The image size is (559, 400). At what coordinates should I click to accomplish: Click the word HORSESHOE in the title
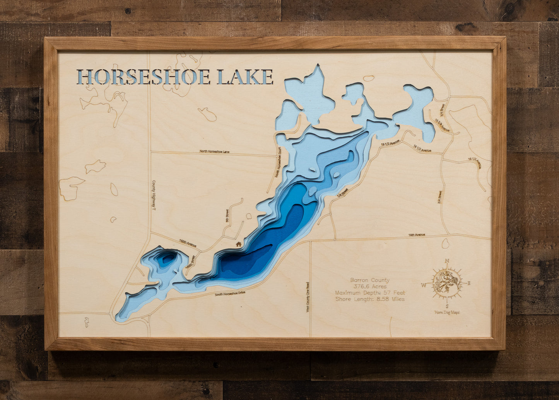click(144, 77)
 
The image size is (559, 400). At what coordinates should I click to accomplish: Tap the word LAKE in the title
click(245, 77)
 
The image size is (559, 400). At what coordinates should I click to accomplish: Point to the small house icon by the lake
click(239, 244)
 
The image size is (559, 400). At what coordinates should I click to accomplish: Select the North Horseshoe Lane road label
click(214, 151)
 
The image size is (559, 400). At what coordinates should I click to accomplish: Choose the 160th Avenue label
click(188, 243)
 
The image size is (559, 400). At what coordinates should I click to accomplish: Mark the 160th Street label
click(189, 261)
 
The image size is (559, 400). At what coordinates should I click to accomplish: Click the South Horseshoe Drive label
click(230, 294)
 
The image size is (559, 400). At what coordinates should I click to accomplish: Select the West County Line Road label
click(308, 297)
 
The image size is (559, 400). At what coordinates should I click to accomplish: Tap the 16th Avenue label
click(417, 235)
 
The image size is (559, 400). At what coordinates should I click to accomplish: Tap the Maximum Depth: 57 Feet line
click(370, 293)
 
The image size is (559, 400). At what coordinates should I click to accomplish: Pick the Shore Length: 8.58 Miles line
click(370, 299)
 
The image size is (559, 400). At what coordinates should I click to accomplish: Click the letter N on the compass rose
click(447, 261)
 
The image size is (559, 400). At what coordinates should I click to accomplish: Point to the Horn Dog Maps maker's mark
click(447, 312)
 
